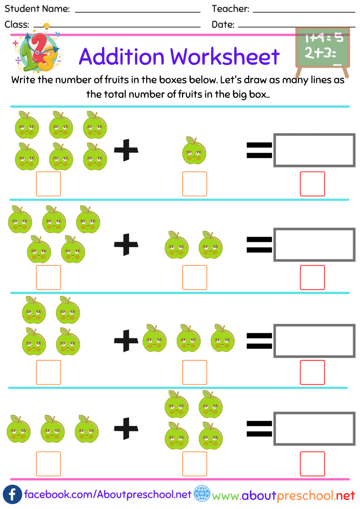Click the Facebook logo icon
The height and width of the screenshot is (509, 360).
coord(12,494)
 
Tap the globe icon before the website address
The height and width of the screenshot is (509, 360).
coord(202,493)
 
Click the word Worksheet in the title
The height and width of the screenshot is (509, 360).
coord(225,57)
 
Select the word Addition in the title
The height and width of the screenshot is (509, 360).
coord(122,57)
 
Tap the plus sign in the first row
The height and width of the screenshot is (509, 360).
coord(126,150)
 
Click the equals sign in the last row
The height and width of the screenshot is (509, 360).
coord(259,429)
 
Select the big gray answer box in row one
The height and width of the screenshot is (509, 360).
coord(314,150)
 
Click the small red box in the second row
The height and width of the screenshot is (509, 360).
coord(312,277)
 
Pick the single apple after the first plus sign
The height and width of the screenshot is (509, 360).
coord(194,151)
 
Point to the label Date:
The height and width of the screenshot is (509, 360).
coord(223,24)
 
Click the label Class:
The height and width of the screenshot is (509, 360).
coord(17,24)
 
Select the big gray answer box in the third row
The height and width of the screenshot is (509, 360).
coord(314,341)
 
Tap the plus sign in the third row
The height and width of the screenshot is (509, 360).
coord(126,340)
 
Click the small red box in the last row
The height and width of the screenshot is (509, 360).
coord(312,464)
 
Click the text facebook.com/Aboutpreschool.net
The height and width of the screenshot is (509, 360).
coord(108,494)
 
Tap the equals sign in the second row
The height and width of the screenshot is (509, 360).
coord(259,245)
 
